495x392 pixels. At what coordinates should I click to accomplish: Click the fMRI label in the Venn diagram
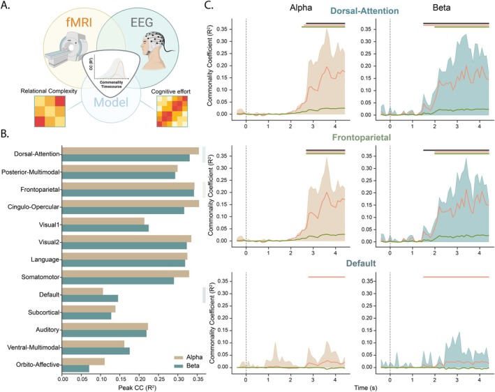tap(79, 23)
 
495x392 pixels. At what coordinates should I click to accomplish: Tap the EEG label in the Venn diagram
tap(142, 23)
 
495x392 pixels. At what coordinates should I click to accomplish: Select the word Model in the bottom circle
tap(111, 102)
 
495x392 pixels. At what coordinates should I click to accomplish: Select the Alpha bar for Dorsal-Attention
tap(131, 151)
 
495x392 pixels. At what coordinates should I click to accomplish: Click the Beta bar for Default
tap(90, 299)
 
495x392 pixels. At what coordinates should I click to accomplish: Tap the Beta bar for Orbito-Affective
tap(76, 369)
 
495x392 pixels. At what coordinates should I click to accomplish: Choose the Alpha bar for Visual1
tap(103, 221)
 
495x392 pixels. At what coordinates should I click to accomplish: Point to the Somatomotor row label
tap(40, 277)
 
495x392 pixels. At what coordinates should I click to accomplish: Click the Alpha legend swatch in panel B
tap(179, 358)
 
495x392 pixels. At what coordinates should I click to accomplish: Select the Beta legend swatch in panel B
tap(179, 365)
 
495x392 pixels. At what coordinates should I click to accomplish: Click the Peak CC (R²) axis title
tap(138, 388)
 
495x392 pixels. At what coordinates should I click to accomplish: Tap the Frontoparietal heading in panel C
tap(362, 137)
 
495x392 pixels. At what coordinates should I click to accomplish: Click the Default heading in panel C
tap(361, 264)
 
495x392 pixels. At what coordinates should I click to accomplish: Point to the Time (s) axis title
tap(366, 388)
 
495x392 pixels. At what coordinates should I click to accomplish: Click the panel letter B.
tap(5, 134)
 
